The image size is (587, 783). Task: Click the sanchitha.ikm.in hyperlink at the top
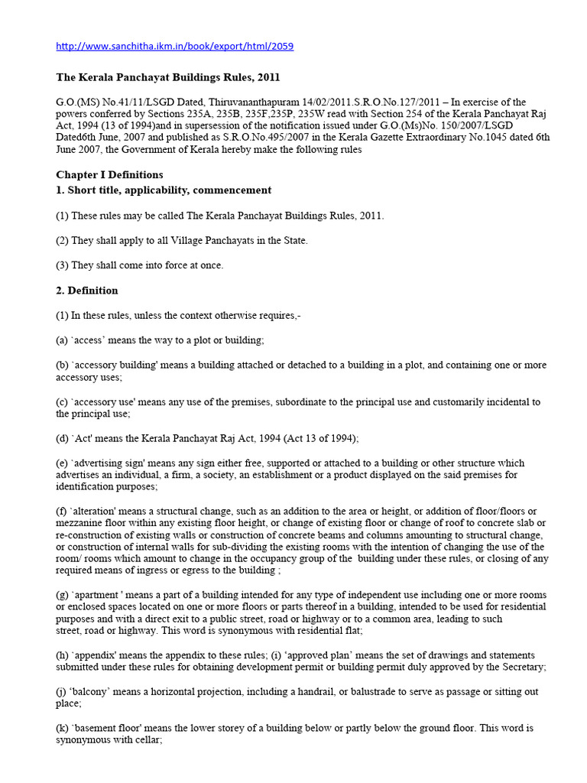[x=175, y=47]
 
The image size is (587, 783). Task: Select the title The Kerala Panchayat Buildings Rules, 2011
[x=168, y=77]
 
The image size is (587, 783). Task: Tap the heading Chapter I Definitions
[x=109, y=175]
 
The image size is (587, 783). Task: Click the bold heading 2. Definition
[x=87, y=291]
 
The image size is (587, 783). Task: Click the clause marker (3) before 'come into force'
[x=63, y=265]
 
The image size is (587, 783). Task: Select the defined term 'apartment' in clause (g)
[x=103, y=595]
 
